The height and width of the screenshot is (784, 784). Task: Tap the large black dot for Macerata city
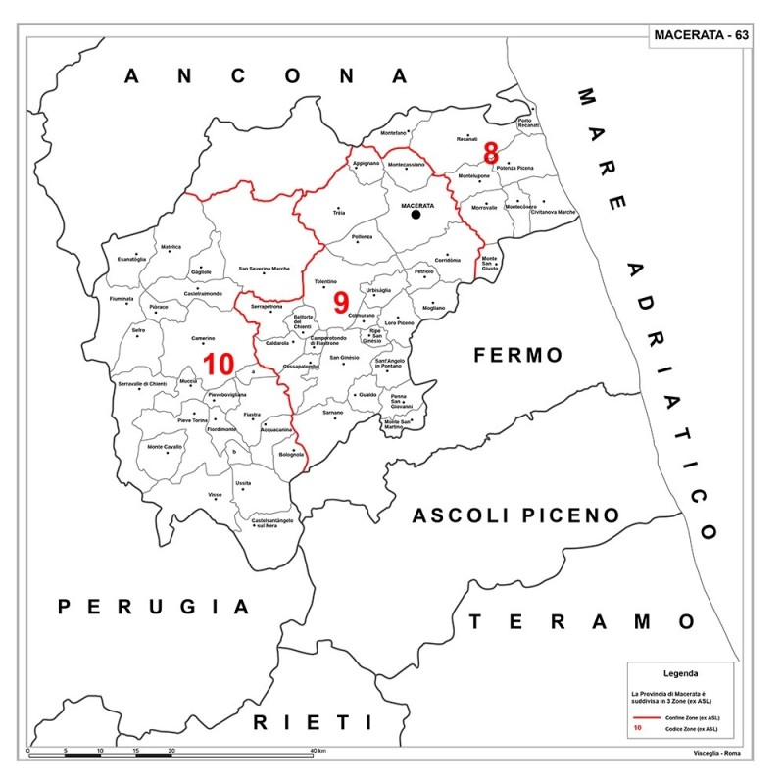pyautogui.click(x=416, y=214)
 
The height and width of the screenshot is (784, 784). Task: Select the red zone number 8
pyautogui.click(x=491, y=152)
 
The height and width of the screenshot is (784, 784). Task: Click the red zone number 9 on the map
pyautogui.click(x=341, y=302)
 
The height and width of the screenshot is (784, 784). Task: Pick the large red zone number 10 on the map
pyautogui.click(x=218, y=364)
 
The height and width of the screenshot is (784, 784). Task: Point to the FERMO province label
pyautogui.click(x=519, y=355)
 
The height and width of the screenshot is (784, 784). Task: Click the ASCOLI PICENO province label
pyautogui.click(x=515, y=515)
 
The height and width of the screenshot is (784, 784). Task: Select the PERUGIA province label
pyautogui.click(x=154, y=607)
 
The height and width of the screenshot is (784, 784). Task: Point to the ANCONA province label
pyautogui.click(x=266, y=76)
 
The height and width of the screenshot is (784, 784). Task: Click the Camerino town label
pyautogui.click(x=203, y=337)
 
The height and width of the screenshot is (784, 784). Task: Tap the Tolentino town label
pyautogui.click(x=325, y=281)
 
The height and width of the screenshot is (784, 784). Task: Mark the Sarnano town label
pyautogui.click(x=334, y=414)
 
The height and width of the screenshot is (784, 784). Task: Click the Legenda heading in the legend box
pyautogui.click(x=681, y=674)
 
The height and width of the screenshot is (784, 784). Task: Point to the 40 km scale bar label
pyautogui.click(x=318, y=751)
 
